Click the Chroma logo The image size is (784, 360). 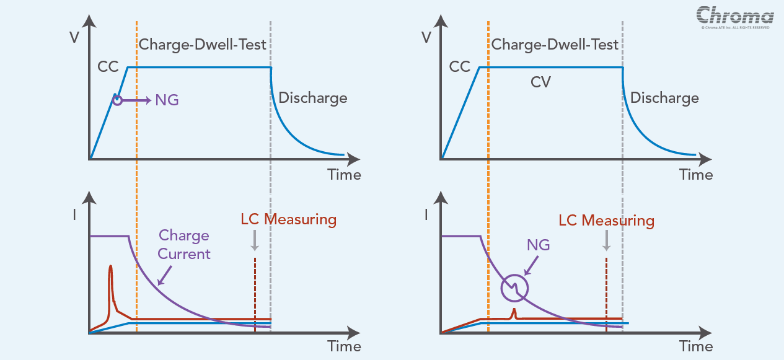point(734,15)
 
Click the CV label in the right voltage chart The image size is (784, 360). point(541,82)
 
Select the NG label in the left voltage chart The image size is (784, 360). point(167,99)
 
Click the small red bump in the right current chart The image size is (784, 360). point(514,312)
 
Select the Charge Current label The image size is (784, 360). point(184,244)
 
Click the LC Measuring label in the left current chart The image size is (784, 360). point(288,219)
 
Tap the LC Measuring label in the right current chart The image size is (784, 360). point(606,221)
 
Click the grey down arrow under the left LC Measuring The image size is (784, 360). point(254,240)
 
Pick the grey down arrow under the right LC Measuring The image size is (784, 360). point(606,240)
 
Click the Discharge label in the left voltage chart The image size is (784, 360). point(312,98)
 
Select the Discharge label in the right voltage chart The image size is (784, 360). point(664,98)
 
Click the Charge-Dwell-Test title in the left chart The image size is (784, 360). point(202,45)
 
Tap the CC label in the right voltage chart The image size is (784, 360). point(460,66)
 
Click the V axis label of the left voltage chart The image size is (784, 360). point(74,37)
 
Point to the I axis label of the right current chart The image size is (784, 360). point(426,216)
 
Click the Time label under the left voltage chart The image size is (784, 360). point(344,175)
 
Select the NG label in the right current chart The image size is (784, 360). point(538,245)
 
